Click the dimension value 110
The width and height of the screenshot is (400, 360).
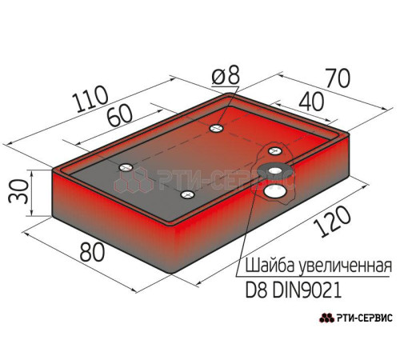point(92,98)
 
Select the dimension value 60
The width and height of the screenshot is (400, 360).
point(120,116)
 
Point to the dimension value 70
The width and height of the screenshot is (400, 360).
point(337,78)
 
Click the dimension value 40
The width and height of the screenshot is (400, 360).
point(311,102)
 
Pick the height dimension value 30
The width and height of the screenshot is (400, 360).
point(18,191)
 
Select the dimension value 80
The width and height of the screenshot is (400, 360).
point(92,252)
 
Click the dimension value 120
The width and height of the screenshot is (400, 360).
point(331,222)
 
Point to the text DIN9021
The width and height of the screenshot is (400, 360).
point(307,290)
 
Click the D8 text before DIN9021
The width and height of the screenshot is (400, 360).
point(256,290)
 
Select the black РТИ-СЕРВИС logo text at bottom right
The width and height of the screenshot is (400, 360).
point(365,318)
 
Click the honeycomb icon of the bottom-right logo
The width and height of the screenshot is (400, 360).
point(326,318)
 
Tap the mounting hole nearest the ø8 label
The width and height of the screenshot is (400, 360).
point(217,128)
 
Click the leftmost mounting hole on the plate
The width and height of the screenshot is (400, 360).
point(126,167)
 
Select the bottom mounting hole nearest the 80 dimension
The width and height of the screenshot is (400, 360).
point(187,194)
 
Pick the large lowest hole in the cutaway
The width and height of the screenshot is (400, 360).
point(274,191)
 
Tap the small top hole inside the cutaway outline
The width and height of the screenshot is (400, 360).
point(275,151)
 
